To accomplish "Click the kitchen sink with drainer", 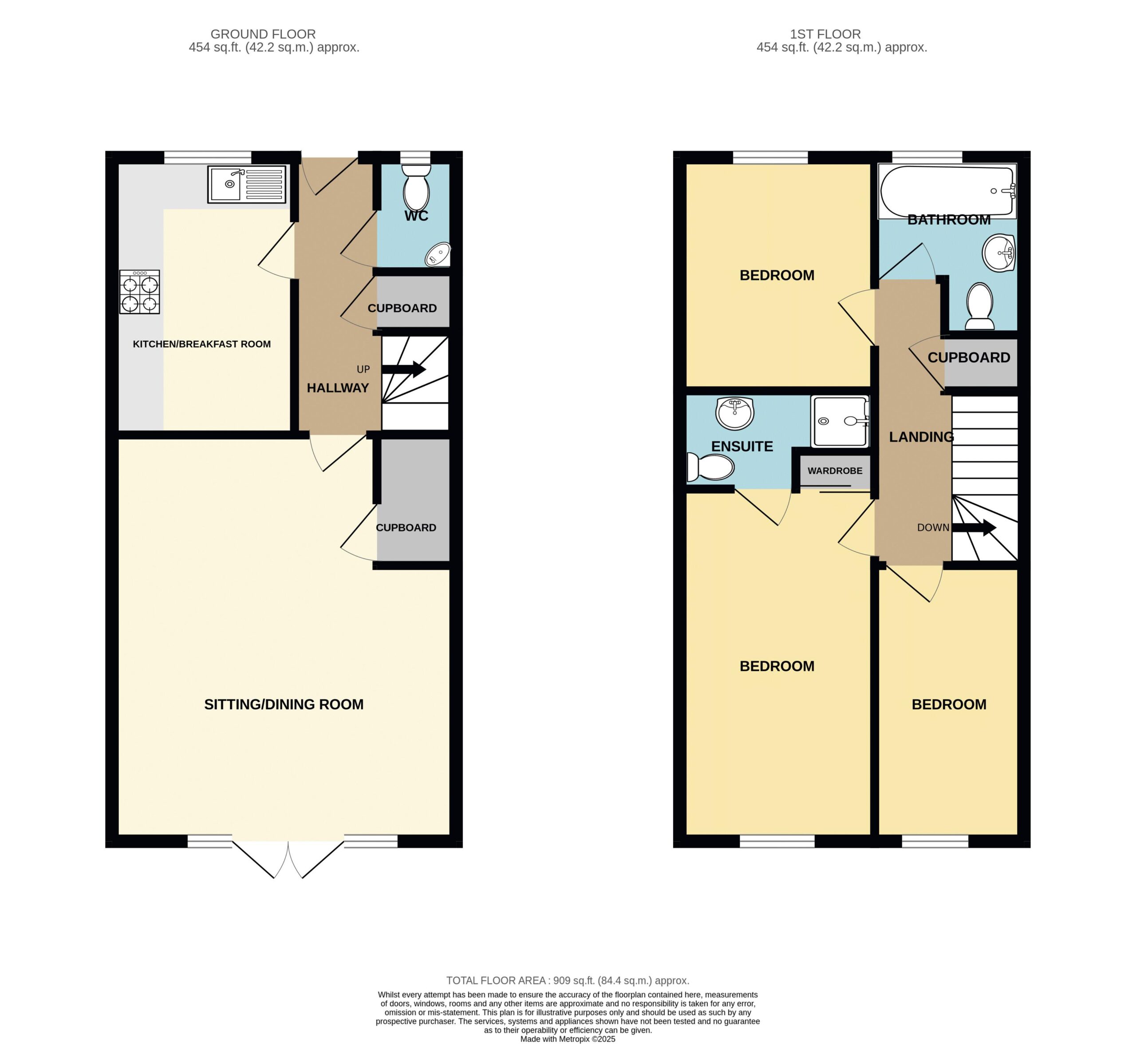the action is (x=247, y=184).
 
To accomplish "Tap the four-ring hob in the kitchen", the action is (x=139, y=292).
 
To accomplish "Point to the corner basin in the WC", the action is (x=438, y=254).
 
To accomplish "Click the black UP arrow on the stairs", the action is (x=403, y=369).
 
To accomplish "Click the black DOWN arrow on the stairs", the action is (x=973, y=528).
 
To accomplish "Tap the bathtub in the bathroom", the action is (x=947, y=191).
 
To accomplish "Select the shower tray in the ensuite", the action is (x=840, y=421).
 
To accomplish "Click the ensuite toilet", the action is (x=710, y=467).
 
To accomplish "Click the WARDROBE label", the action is (x=835, y=471).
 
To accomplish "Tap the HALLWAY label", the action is (x=338, y=388).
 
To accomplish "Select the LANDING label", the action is (x=921, y=437).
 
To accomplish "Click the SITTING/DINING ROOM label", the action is (x=284, y=704).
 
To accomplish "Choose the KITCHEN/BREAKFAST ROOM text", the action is (x=201, y=344).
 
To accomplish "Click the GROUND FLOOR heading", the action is (x=263, y=35).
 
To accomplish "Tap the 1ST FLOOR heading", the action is (x=825, y=35).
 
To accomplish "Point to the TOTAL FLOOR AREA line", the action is (x=568, y=981).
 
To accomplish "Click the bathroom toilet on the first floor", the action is (x=980, y=306).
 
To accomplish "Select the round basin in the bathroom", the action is (x=999, y=253).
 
